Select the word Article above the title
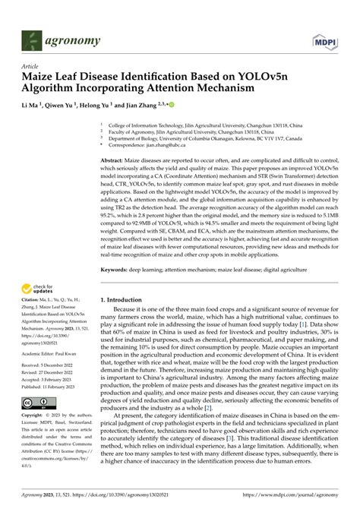[32, 67]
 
